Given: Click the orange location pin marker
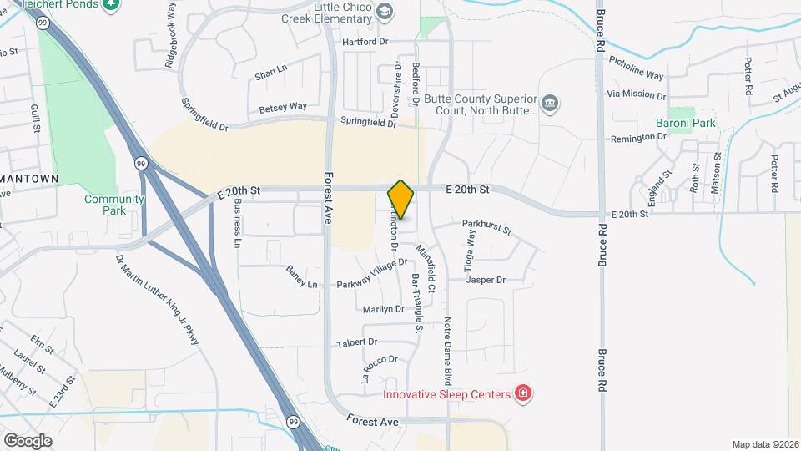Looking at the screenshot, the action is point(400,200).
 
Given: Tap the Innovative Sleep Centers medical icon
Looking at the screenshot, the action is point(523,393).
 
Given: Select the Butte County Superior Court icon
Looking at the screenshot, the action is point(550,104).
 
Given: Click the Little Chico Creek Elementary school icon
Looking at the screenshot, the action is point(384,11).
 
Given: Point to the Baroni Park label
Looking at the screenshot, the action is point(693,123).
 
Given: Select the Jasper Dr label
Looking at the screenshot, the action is point(486,280).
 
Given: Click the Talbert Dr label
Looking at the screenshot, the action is point(356,342).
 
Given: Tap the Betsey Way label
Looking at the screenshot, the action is point(283,107).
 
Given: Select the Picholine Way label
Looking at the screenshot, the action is point(636,68).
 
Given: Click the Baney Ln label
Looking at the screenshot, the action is point(302,277).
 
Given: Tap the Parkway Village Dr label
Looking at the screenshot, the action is point(371,274).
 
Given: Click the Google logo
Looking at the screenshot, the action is point(27,440).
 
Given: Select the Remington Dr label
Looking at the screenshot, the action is point(641,139).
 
